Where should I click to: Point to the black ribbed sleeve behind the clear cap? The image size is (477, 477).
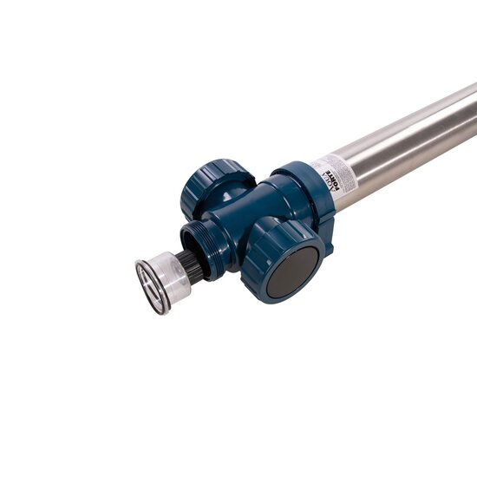click(x=192, y=267)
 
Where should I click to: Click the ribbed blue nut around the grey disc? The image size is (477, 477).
click(x=260, y=252)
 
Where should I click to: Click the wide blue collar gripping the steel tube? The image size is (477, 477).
click(x=304, y=186)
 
